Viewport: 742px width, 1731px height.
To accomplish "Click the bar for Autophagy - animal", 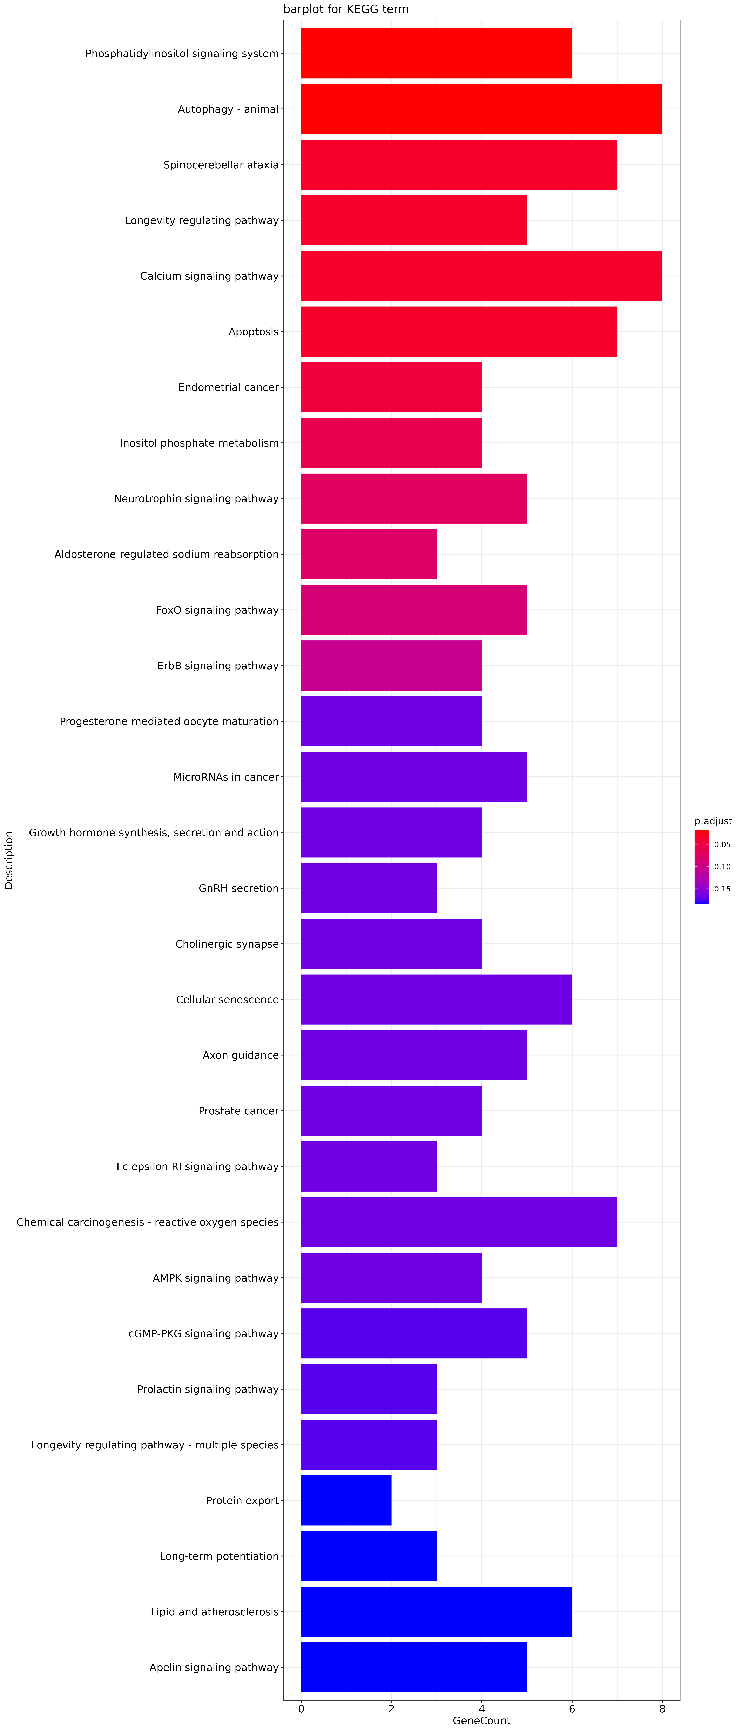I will [481, 109].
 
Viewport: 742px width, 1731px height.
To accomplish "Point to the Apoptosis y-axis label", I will [253, 332].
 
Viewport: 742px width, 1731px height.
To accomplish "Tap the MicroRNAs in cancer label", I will [226, 778].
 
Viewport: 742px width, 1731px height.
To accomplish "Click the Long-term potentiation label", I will [219, 1556].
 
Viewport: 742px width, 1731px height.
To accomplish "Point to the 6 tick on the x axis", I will [572, 1709].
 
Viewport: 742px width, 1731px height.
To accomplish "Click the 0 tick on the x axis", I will [301, 1709].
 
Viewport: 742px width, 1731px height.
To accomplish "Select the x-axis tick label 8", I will [662, 1709].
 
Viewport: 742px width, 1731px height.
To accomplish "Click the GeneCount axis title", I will [481, 1721].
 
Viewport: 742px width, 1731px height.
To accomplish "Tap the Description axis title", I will [9, 860].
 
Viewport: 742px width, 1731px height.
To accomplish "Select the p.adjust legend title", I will [713, 821].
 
